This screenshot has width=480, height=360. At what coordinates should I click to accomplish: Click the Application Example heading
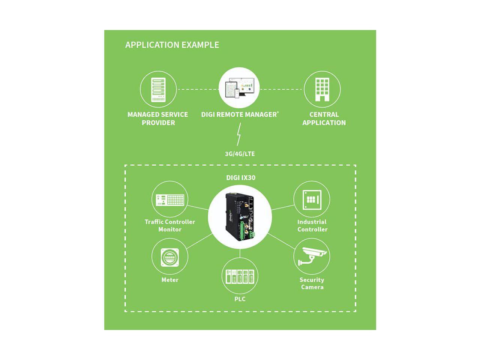172,45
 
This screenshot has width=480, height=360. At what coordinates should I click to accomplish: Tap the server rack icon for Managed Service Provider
158,90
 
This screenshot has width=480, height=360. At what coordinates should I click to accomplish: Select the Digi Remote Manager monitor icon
240,88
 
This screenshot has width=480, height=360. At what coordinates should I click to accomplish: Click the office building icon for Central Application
322,90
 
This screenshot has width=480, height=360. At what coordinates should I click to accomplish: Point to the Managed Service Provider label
158,118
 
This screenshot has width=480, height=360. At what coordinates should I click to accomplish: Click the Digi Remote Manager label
240,114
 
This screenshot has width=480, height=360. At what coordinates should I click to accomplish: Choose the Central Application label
324,118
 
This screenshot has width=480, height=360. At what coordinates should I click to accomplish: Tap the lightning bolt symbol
239,135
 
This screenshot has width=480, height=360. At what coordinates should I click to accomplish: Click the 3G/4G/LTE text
240,154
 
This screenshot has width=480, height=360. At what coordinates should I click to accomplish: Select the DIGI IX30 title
240,177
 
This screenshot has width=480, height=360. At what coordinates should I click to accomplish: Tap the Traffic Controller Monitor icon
170,199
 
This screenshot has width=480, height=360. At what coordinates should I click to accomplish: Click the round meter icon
170,257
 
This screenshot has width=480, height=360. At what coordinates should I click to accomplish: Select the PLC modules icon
240,276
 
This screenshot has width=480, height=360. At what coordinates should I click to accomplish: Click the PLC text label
240,299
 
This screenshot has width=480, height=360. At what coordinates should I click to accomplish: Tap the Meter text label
170,280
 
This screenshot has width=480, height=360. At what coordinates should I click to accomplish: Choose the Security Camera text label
312,283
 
